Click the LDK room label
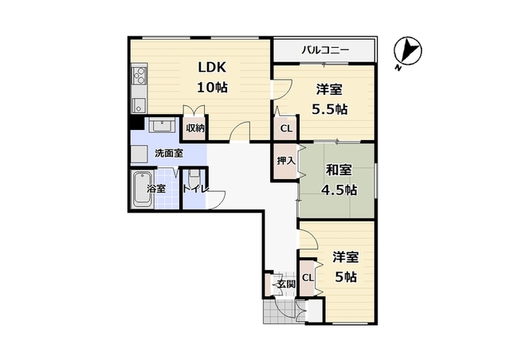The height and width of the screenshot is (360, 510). [212, 68]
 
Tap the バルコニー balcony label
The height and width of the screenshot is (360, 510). [325, 50]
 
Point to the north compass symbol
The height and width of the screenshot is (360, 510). [407, 52]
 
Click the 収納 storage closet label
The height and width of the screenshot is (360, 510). [195, 128]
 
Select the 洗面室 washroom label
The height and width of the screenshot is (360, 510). [168, 153]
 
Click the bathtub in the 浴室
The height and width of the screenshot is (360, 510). [143, 190]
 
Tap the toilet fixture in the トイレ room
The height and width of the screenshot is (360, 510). [194, 178]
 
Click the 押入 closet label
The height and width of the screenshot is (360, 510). [286, 161]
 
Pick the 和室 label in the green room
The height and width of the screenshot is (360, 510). [339, 170]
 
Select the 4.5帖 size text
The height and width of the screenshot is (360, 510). [339, 190]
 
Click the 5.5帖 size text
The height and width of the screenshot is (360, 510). [329, 110]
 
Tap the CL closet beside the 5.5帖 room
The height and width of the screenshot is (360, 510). [286, 128]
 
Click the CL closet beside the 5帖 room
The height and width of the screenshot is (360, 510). [308, 278]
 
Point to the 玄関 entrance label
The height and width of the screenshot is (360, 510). [286, 284]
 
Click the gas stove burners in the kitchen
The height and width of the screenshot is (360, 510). [139, 76]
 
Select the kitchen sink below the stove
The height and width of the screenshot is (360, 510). [139, 105]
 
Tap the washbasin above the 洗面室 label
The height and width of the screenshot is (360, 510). [163, 125]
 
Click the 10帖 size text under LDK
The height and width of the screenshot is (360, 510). [213, 87]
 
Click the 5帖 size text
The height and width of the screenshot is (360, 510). [346, 277]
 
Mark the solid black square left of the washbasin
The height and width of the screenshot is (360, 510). [137, 123]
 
